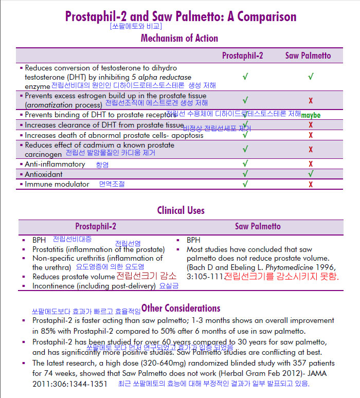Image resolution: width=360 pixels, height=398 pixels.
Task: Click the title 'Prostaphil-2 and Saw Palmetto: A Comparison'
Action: coord(181,16)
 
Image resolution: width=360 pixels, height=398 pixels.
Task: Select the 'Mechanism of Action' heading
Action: coord(179,38)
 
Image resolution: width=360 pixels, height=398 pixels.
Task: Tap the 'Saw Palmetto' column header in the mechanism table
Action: coord(308,56)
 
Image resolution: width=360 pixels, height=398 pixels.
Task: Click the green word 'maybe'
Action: coord(310,115)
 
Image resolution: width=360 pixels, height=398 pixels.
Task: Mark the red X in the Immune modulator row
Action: coord(311,184)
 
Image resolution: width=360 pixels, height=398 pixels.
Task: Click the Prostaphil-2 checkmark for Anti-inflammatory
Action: coord(245,164)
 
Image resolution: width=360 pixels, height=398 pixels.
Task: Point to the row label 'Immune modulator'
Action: coord(57,184)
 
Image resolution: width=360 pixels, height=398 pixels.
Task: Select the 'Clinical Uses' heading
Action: coord(181,210)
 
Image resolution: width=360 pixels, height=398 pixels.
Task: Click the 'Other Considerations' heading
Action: coord(181,308)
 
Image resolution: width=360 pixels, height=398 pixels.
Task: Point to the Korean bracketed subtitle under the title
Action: coord(136,26)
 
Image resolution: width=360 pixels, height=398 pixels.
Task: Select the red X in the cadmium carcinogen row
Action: coord(311,149)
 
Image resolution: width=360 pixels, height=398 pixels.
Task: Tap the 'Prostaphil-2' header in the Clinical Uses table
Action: coord(96,226)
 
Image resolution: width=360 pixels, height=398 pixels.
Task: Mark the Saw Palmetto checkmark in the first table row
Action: coord(311,76)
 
